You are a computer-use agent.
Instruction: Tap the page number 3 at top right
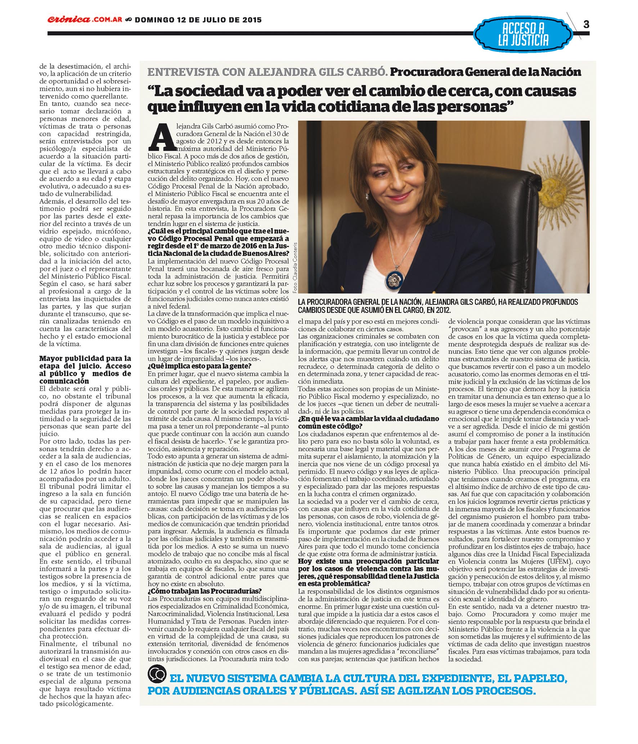[x=586, y=24]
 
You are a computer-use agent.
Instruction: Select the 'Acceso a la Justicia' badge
[x=523, y=34]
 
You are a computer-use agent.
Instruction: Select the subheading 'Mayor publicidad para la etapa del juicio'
[x=85, y=369]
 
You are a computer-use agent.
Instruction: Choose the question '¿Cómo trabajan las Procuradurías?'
[x=204, y=591]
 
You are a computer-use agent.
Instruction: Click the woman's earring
[x=367, y=196]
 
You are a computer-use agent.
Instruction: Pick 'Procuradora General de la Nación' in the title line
[x=485, y=72]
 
